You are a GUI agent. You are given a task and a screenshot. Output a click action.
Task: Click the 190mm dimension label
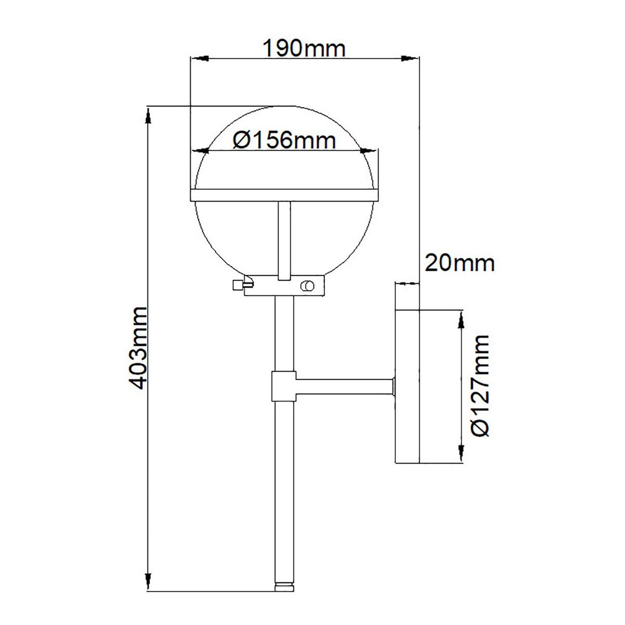[304, 48]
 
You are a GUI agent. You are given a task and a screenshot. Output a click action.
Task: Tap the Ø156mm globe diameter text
[284, 141]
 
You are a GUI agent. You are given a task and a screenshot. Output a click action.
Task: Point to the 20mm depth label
[459, 264]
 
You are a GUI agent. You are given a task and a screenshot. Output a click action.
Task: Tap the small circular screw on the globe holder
[307, 286]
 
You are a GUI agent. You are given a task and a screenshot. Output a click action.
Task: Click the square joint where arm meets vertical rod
[284, 386]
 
